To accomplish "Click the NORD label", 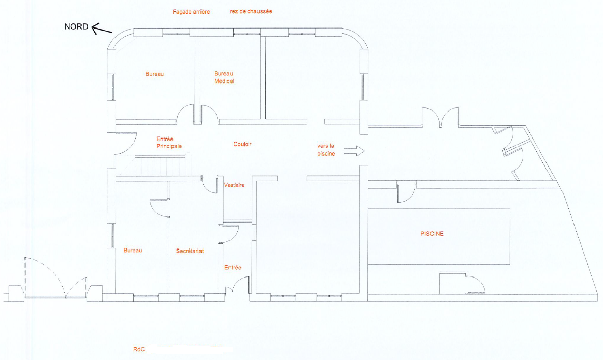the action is [76, 26].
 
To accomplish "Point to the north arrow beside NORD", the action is [102, 29].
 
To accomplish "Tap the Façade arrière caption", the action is [191, 12].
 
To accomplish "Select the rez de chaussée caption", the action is [251, 11].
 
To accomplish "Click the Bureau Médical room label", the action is [224, 77].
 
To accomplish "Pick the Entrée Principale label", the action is [169, 142].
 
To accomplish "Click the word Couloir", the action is [242, 144].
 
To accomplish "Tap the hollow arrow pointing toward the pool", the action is [354, 151].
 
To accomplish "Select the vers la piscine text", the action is [326, 150].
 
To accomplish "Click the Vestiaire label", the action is [234, 185].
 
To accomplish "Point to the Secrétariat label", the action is [190, 251].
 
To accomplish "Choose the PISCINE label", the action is [432, 233].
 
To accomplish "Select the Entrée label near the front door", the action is [233, 267].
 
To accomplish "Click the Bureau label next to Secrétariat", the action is [133, 250].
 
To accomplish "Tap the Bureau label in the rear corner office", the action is [155, 74].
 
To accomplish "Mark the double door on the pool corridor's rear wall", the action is [441, 117].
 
